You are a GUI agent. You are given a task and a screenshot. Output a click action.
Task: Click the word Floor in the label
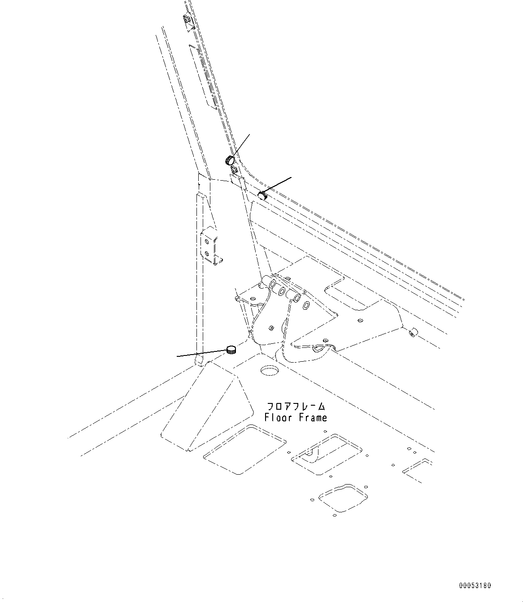pyautogui.click(x=278, y=418)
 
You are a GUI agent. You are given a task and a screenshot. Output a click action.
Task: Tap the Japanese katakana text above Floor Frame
pyautogui.click(x=296, y=407)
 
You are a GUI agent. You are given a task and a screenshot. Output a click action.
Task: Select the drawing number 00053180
pyautogui.click(x=475, y=586)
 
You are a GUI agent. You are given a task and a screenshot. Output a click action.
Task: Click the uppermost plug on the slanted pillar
pyautogui.click(x=230, y=160)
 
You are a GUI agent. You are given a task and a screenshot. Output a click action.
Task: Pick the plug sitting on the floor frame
pyautogui.click(x=231, y=350)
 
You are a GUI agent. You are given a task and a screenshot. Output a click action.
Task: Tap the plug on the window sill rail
pyautogui.click(x=262, y=195)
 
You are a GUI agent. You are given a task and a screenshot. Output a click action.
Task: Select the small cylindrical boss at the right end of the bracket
pyautogui.click(x=413, y=332)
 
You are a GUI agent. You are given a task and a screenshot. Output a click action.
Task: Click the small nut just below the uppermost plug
pyautogui.click(x=235, y=170)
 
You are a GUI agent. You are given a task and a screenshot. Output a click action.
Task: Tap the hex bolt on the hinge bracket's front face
pyautogui.click(x=271, y=327)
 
